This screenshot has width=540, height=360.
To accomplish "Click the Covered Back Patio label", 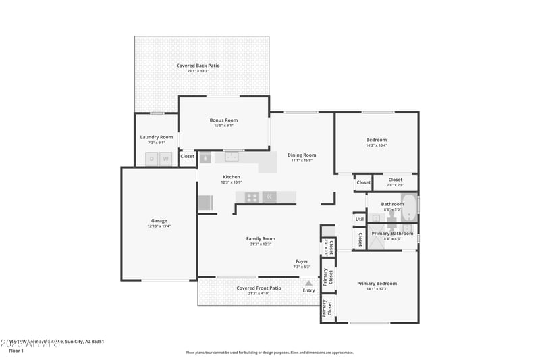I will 198,66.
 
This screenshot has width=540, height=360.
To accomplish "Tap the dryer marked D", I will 151,159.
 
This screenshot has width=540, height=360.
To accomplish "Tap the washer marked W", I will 165,159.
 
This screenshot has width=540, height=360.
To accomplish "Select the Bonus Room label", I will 223,120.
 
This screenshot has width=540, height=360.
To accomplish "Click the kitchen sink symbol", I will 233,157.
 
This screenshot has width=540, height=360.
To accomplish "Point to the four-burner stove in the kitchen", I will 251,197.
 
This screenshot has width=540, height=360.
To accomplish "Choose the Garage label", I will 159,221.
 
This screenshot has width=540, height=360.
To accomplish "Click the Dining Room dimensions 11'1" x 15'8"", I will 302,161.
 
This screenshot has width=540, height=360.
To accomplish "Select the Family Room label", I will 260,238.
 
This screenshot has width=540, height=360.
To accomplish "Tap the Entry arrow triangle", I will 308,283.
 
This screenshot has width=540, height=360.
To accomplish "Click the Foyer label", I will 302,261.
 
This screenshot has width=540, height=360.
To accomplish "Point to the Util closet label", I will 359,220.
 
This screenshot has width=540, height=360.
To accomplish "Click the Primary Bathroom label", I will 392,234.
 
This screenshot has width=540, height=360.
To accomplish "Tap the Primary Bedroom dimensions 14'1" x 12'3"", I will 377,289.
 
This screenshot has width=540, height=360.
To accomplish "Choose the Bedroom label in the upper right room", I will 377,140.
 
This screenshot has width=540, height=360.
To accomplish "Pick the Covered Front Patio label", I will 259,288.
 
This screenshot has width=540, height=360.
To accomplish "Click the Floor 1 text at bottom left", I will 16,351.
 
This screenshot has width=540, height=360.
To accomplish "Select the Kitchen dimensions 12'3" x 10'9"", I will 232,182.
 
